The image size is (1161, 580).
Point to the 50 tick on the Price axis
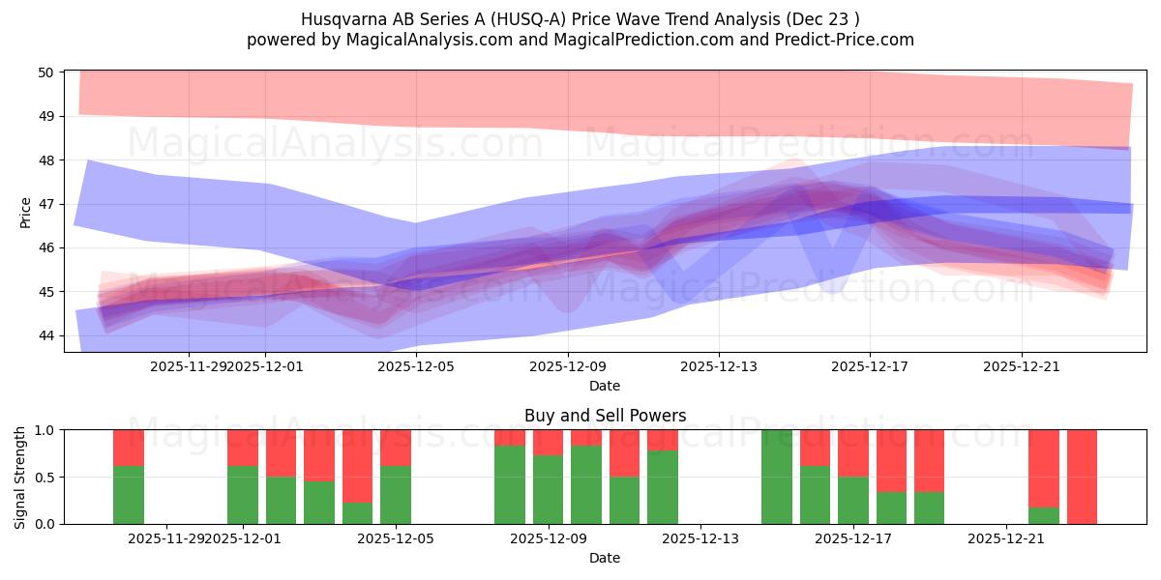click(x=46, y=72)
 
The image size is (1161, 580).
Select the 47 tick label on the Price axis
click(x=46, y=204)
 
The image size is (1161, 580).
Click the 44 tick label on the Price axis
click(x=46, y=335)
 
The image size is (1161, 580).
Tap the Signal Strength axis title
click(x=20, y=477)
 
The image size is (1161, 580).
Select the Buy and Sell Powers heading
click(x=605, y=416)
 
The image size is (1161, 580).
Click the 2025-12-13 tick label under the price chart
click(x=718, y=367)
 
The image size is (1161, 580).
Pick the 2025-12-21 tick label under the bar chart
click(x=1007, y=539)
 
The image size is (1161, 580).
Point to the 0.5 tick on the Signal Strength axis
click(x=45, y=477)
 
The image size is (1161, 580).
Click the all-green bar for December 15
click(x=776, y=477)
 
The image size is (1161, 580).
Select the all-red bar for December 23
click(x=1082, y=477)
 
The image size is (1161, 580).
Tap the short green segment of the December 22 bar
click(x=1043, y=515)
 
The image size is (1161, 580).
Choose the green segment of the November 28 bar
click(x=129, y=495)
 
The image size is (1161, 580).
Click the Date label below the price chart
click(x=605, y=386)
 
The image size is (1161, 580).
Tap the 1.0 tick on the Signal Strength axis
click(x=45, y=430)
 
